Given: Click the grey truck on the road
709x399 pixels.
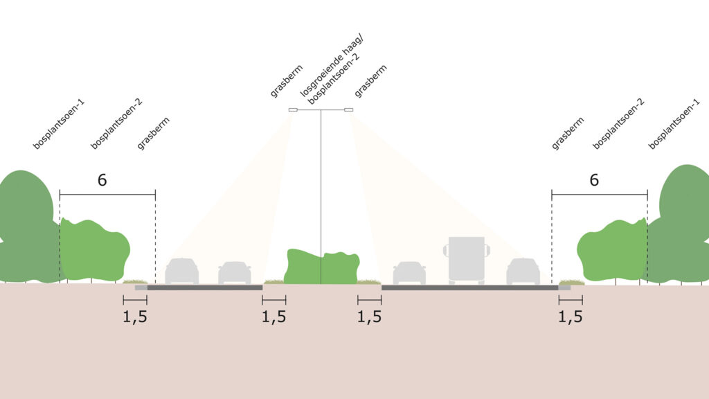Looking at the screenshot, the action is (x=466, y=260).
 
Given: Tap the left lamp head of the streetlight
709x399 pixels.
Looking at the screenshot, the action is (x=293, y=109).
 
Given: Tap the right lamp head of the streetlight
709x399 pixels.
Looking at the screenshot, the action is (x=349, y=109).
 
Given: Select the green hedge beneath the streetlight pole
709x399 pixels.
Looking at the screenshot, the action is (x=321, y=267).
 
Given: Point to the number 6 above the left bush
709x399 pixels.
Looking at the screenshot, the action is (x=102, y=180).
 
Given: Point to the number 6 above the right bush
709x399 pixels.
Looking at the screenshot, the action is (x=594, y=180).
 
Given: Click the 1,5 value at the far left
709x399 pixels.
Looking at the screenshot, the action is (x=135, y=317).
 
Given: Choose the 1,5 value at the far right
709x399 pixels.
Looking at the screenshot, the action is (x=571, y=317).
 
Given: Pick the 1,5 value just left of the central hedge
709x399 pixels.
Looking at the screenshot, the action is (x=273, y=317).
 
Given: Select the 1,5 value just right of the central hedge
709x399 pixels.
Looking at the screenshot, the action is (x=369, y=317).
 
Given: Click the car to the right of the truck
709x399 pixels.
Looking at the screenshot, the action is (x=523, y=272).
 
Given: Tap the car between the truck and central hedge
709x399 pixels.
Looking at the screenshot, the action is (x=409, y=273).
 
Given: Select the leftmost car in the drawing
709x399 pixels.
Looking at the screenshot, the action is (x=182, y=272).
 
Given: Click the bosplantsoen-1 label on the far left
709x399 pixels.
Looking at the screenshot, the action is (x=59, y=124).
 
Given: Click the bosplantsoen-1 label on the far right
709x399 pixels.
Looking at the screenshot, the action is (x=674, y=124).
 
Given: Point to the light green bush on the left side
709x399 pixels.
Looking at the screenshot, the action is (x=94, y=249).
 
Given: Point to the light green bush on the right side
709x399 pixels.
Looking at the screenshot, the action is (x=612, y=249).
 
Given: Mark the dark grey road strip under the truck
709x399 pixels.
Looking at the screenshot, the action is (x=470, y=287).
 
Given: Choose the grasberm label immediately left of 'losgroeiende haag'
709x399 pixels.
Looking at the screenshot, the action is (x=286, y=81).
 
